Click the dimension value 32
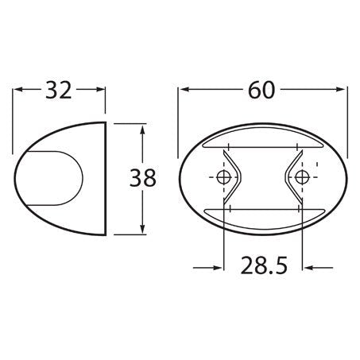59,90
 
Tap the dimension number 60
261,90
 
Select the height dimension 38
143,178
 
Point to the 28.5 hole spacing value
264,265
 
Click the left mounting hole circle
223,177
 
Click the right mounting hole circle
302,177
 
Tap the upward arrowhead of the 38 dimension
142,130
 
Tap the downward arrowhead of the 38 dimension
142,228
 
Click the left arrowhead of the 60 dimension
184,89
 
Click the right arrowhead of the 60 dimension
342,89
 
